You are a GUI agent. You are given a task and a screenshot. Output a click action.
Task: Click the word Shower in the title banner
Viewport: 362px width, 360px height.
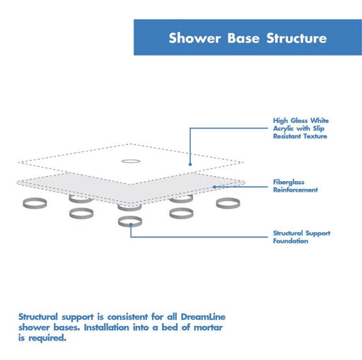pyautogui.click(x=194, y=38)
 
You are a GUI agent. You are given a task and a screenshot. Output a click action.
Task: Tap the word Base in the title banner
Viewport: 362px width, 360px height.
pyautogui.click(x=243, y=38)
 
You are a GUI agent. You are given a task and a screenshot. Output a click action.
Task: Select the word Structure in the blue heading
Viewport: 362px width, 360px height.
pyautogui.click(x=296, y=38)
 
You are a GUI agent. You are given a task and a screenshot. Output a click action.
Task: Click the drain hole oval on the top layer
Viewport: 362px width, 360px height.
pyautogui.click(x=131, y=161)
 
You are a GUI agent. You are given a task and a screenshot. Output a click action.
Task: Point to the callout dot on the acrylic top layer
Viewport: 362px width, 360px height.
pyautogui.click(x=190, y=164)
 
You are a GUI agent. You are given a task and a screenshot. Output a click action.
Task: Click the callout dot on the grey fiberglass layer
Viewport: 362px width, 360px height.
pyautogui.click(x=214, y=187)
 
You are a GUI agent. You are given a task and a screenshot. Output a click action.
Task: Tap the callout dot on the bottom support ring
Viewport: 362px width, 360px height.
pyautogui.click(x=131, y=225)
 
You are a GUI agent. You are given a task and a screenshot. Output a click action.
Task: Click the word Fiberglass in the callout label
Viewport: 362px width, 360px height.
pyautogui.click(x=288, y=182)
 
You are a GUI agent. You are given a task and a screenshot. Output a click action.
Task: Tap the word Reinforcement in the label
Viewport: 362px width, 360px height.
pyautogui.click(x=296, y=190)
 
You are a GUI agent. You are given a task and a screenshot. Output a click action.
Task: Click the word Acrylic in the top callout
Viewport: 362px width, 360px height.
pyautogui.click(x=283, y=129)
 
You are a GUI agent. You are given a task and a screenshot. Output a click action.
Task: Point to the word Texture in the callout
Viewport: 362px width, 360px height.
pyautogui.click(x=315, y=137)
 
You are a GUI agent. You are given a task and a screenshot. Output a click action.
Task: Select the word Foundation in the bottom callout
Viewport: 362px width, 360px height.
pyautogui.click(x=291, y=241)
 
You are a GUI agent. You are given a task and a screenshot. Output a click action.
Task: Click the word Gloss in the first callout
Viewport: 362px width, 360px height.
pyautogui.click(x=299, y=120)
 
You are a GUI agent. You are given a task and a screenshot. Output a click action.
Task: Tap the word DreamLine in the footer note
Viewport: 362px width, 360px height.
pyautogui.click(x=203, y=317)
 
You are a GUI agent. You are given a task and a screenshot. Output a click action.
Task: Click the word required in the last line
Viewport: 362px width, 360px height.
pyautogui.click(x=47, y=338)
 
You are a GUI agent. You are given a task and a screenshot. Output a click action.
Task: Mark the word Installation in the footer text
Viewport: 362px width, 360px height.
pyautogui.click(x=107, y=327)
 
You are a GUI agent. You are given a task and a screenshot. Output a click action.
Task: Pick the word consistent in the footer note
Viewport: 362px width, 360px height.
pyautogui.click(x=127, y=317)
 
